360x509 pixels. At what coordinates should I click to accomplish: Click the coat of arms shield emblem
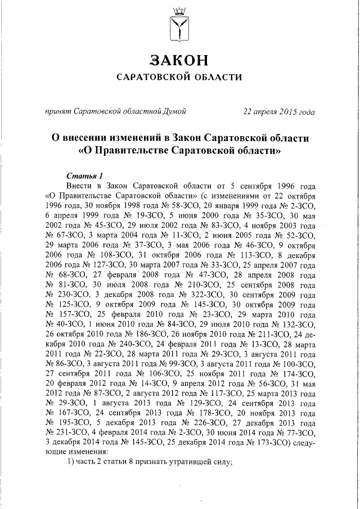pos(179,30)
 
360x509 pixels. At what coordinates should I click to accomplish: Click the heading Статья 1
pos(84,175)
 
